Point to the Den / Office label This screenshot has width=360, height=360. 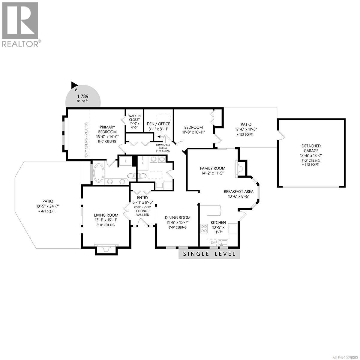158,124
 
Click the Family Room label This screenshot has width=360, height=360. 213,168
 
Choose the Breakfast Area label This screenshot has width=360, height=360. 238,191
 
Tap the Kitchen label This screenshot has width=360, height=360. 218,223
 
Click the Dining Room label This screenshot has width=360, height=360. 178,218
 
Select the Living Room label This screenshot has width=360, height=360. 106,215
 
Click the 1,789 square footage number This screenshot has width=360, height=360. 83,96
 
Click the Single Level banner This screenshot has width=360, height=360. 209,254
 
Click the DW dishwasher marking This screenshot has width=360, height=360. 213,242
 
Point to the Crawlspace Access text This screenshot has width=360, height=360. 163,146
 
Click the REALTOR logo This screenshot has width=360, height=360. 20,24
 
